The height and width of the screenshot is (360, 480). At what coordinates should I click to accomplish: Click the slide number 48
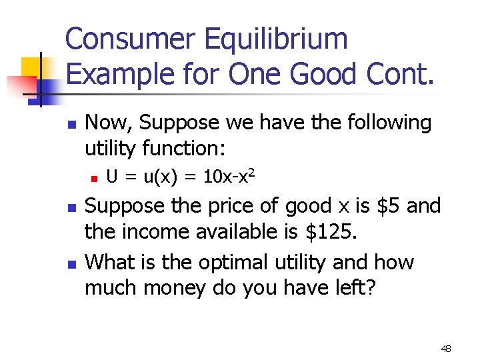point(446,348)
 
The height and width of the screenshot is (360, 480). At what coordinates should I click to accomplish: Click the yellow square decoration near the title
point(33,67)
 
